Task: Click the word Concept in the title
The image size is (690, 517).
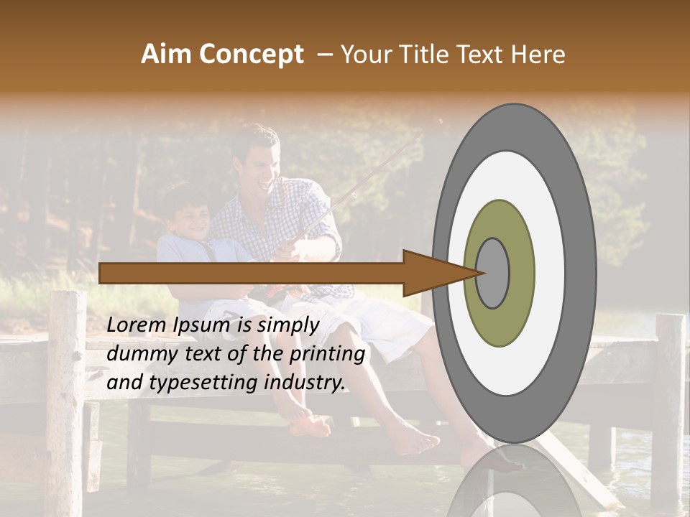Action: (x=252, y=55)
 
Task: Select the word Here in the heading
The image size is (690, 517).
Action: (x=538, y=55)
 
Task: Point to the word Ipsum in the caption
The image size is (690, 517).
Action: (x=203, y=325)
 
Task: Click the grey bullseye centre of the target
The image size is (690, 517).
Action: (x=492, y=273)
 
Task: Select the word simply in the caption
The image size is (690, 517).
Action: (x=287, y=325)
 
